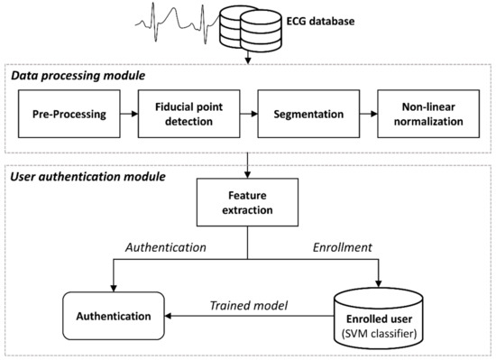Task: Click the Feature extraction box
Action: pos(248,200)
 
